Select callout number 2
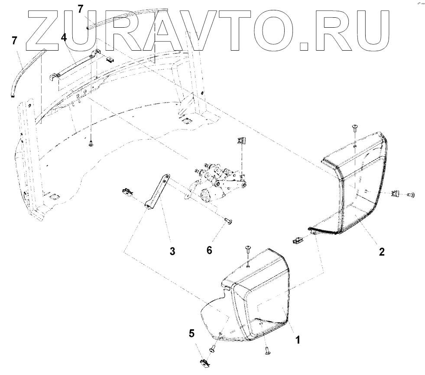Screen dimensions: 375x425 [382, 252]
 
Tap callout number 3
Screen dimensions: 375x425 [172, 251]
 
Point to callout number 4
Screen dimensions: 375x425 [64, 37]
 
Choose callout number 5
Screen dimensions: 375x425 [191, 333]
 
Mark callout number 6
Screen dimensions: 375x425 [209, 250]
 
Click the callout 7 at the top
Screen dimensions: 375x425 [80, 9]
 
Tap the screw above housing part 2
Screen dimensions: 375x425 [354, 128]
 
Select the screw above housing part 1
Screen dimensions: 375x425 [248, 249]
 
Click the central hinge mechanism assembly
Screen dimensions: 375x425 [217, 182]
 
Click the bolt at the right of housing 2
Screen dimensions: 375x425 [411, 194]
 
